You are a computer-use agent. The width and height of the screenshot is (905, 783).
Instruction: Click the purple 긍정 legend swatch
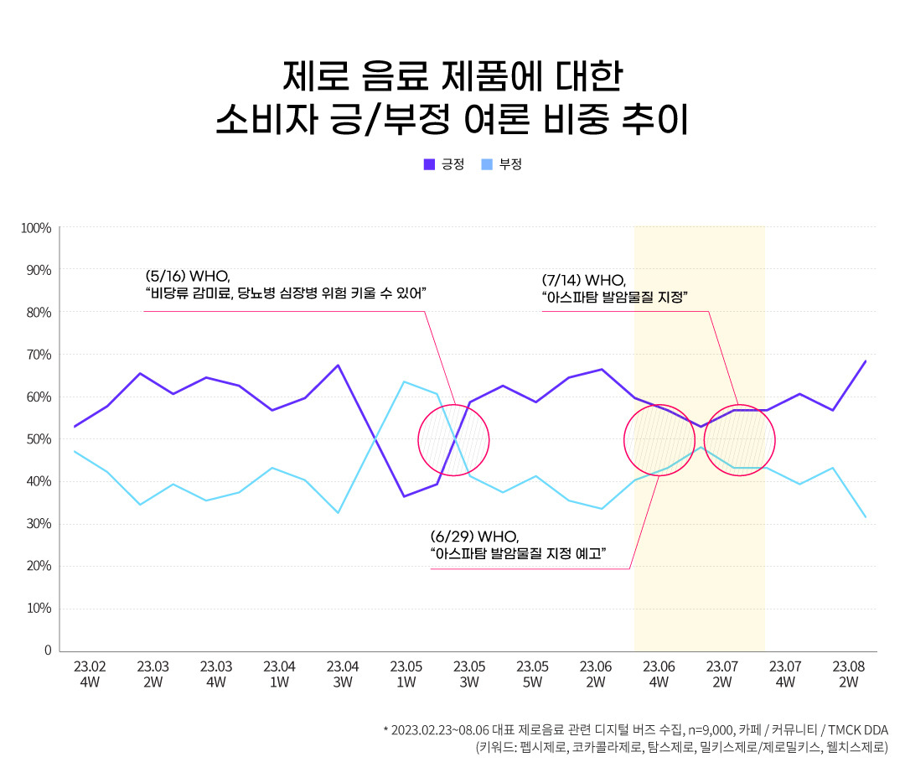429,164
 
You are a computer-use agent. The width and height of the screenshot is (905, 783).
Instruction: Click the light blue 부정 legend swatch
487,164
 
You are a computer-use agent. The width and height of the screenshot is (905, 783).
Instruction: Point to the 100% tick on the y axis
37,228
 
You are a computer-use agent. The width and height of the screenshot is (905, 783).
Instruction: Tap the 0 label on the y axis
48,651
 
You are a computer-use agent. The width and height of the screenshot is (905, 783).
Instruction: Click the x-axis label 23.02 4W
90,674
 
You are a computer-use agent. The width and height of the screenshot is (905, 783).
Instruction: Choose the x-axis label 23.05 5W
532,674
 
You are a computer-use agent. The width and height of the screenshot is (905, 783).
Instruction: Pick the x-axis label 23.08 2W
848,674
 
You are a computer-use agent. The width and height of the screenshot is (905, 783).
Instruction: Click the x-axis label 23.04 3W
343,674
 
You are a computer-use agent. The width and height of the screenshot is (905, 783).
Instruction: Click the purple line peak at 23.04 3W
338,366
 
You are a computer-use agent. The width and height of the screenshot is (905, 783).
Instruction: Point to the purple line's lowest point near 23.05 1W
404,496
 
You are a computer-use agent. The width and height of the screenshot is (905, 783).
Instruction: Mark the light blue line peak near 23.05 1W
404,382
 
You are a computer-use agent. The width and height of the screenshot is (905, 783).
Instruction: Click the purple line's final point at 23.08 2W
865,361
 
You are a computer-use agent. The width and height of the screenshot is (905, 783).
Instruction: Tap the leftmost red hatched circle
453,440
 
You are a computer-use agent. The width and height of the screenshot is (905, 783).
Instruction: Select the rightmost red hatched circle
739,440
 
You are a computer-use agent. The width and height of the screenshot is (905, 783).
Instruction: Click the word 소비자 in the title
266,120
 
